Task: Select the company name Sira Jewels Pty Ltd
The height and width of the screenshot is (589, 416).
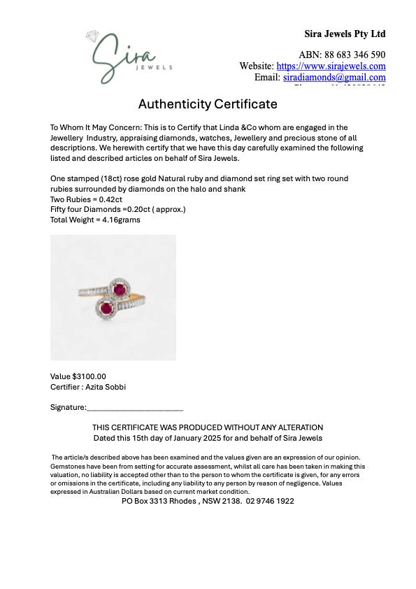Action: (x=345, y=34)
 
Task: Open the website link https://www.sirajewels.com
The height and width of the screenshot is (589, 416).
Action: (x=331, y=66)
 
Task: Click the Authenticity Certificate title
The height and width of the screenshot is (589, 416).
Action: (x=208, y=104)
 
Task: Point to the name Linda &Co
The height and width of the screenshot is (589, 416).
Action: (x=222, y=127)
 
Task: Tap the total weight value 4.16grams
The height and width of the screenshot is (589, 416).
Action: (x=118, y=220)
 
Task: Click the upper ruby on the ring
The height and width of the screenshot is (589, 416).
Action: (x=120, y=289)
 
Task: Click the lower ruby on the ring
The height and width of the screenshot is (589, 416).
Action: (x=106, y=307)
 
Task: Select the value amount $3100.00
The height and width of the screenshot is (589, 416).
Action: (x=89, y=376)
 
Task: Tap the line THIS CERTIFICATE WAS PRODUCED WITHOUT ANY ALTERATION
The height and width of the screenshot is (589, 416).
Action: (x=208, y=427)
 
